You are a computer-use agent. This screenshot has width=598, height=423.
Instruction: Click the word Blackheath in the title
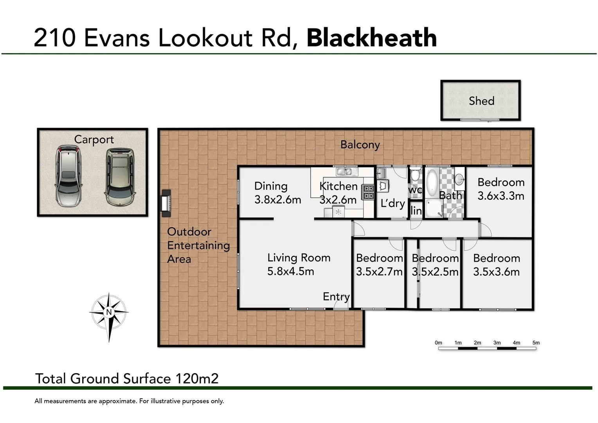pyautogui.click(x=371, y=38)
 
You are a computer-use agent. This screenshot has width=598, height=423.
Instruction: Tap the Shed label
pyautogui.click(x=481, y=101)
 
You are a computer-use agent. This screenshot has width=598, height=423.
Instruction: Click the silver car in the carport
pyautogui.click(x=68, y=176)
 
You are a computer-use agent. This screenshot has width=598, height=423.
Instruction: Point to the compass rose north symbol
pyautogui.click(x=109, y=312)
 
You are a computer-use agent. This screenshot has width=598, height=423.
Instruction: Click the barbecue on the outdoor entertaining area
pyautogui.click(x=166, y=203)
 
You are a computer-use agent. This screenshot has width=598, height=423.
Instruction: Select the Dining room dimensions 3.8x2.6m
pyautogui.click(x=277, y=200)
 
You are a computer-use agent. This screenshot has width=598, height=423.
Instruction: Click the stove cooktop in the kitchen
pyautogui.click(x=368, y=192)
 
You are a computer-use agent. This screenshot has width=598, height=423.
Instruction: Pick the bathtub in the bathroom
pyautogui.click(x=432, y=183)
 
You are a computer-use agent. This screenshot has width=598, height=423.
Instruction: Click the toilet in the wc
pyautogui.click(x=416, y=174)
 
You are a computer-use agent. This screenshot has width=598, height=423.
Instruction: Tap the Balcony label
pyautogui.click(x=360, y=145)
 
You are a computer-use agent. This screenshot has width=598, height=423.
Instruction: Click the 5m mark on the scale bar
pyautogui.click(x=536, y=343)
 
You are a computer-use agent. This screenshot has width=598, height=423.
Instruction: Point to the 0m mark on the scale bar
pyautogui.click(x=438, y=343)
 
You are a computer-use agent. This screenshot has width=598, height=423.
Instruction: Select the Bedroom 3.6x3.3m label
pyautogui.click(x=501, y=189)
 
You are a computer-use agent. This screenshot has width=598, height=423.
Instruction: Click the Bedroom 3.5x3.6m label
pyautogui.click(x=496, y=265)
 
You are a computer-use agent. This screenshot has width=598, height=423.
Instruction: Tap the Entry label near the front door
pyautogui.click(x=336, y=296)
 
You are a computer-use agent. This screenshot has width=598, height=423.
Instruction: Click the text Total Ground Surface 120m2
pyautogui.click(x=127, y=378)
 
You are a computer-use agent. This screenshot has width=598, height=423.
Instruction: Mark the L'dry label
pyautogui.click(x=393, y=203)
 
